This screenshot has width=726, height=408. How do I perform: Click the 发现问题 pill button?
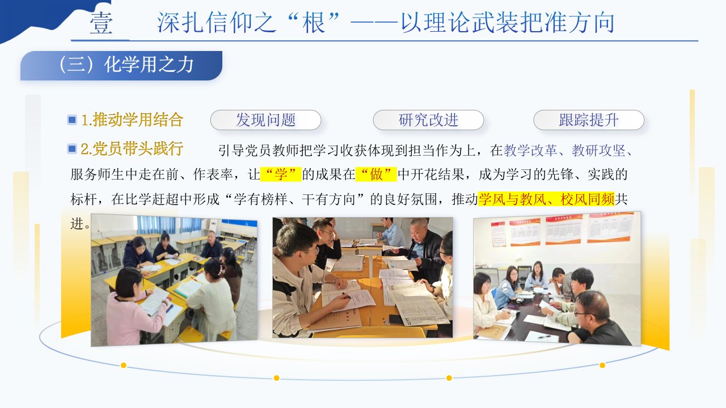[265, 120]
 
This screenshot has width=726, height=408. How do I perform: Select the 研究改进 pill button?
[428, 120]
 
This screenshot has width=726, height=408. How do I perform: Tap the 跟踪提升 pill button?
[589, 120]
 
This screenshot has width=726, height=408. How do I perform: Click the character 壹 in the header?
[101, 23]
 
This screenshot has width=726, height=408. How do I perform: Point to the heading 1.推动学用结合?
[132, 120]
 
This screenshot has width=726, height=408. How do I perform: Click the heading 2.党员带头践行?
[132, 149]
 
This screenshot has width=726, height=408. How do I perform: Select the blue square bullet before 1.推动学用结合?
[72, 120]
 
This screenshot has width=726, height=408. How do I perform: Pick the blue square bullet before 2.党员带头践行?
[72, 149]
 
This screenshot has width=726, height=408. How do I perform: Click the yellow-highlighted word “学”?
[281, 174]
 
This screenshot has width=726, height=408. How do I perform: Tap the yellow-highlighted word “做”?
[376, 174]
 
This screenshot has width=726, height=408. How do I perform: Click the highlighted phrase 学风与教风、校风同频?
[546, 199]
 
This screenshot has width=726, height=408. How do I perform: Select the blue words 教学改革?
[530, 151]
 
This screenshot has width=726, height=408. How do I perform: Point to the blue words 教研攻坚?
[598, 151]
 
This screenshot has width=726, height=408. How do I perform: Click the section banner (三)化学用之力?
[121, 65]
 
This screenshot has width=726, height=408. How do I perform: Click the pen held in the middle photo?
[347, 295]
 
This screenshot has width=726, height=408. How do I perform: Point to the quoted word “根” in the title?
[313, 23]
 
